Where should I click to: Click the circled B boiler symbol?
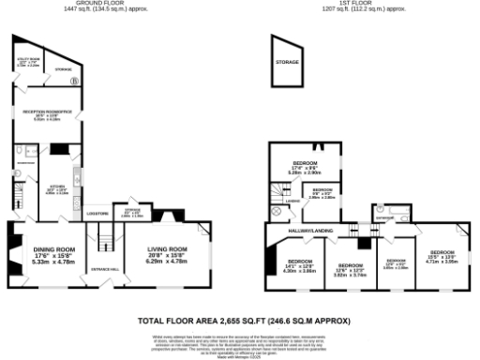[x=76, y=81]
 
